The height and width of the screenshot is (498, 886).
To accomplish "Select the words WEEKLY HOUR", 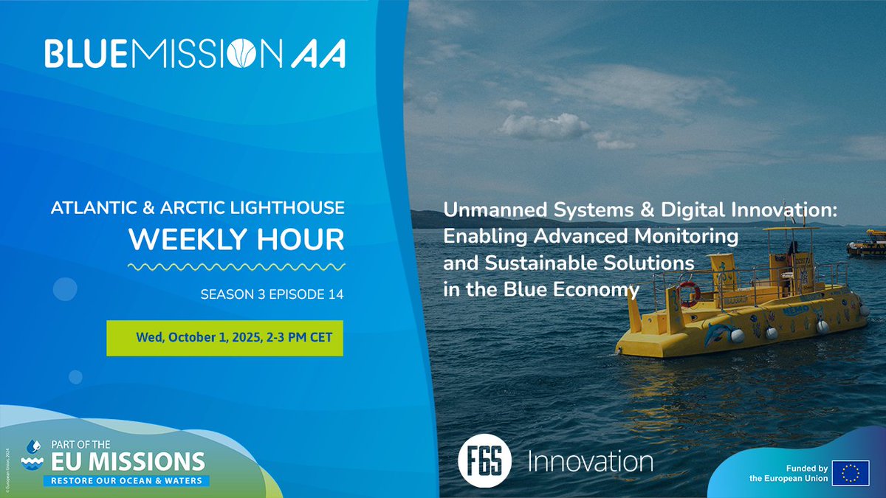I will click(236, 238).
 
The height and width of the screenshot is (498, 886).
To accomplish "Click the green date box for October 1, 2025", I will click(224, 337).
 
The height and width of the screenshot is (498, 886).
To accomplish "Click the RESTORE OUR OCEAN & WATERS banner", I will click(126, 480).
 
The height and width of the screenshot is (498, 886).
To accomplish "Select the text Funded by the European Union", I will click(786, 474).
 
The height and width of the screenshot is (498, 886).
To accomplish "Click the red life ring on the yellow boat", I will click(688, 293).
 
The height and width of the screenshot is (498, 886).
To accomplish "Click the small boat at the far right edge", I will click(867, 243).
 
